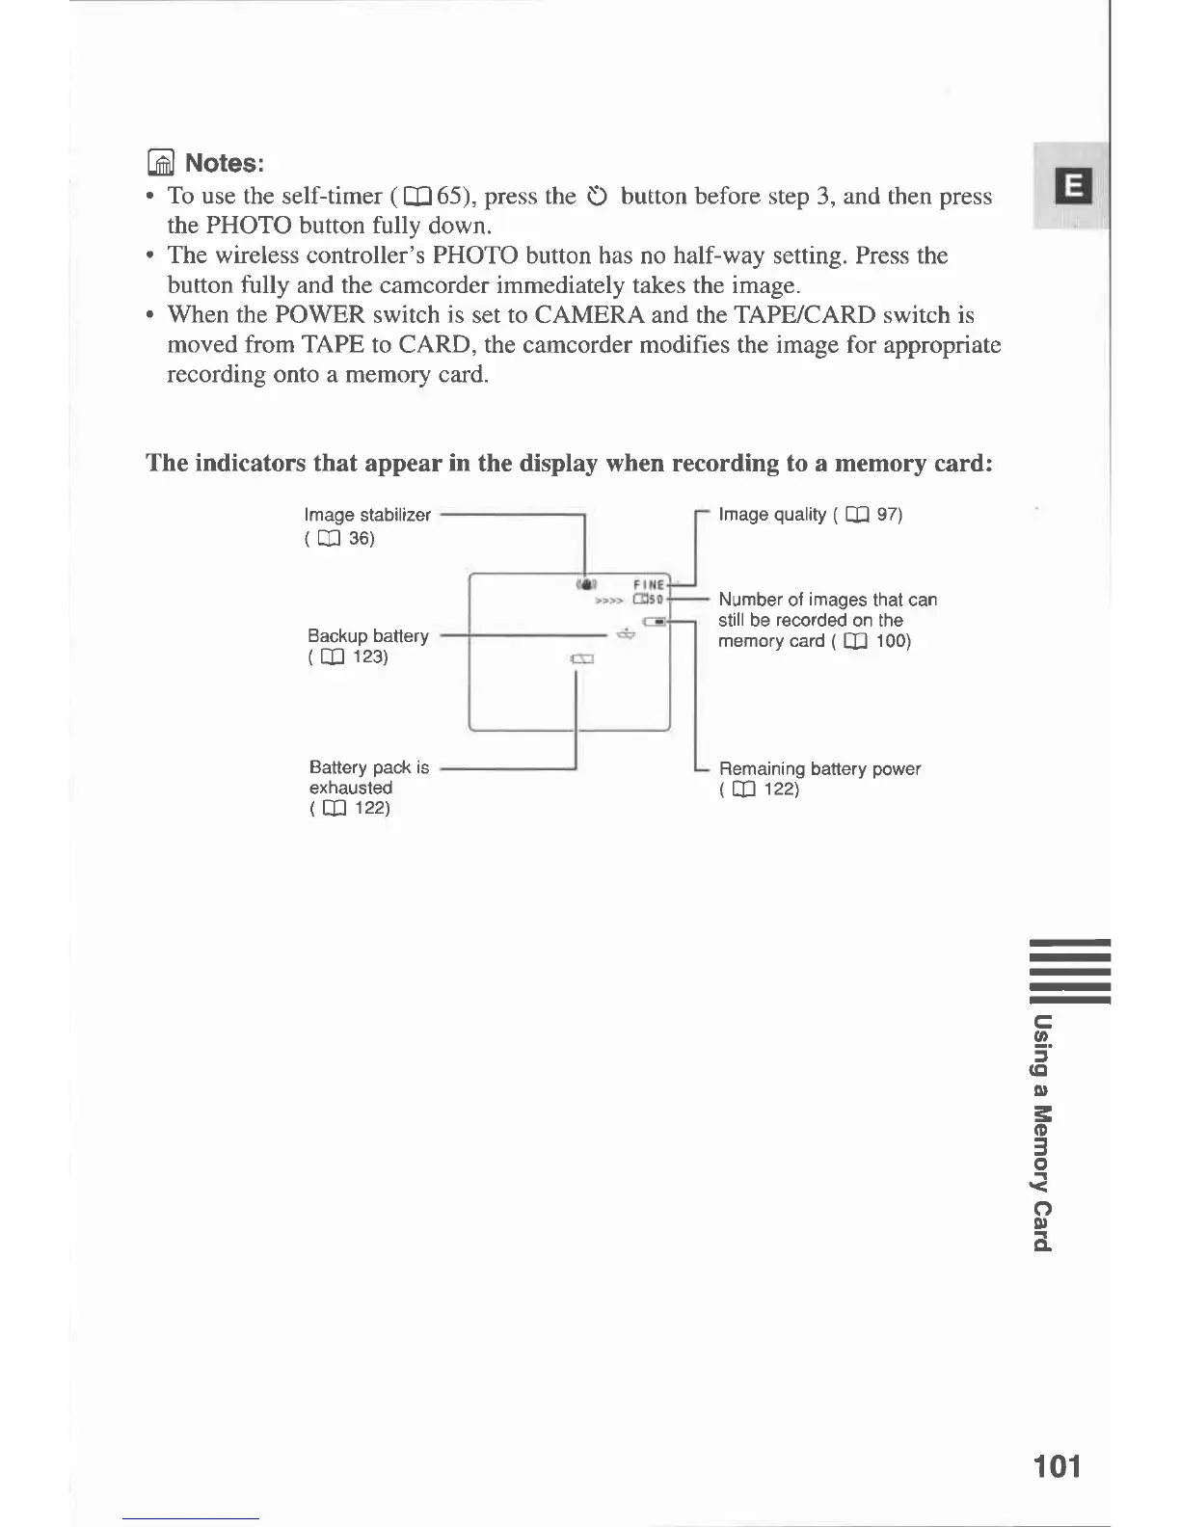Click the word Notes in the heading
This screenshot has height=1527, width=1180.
tap(224, 162)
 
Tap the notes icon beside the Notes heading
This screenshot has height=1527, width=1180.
tap(162, 163)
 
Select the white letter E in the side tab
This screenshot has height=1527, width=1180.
tap(1075, 186)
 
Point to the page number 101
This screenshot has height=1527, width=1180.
tap(1056, 1466)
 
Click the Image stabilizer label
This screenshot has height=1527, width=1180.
tap(367, 515)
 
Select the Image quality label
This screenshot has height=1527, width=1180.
tap(772, 515)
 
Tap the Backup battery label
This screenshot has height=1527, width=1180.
tap(367, 636)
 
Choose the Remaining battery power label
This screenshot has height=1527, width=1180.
tap(819, 769)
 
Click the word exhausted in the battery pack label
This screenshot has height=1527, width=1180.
tap(350, 788)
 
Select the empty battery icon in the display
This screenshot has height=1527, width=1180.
tap(582, 659)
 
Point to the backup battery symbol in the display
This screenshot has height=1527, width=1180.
tap(626, 634)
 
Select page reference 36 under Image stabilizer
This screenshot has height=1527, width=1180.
tap(361, 538)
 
